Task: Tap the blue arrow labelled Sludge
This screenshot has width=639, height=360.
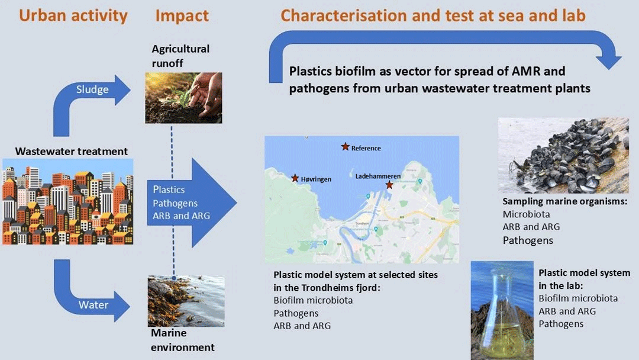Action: pos(95,91)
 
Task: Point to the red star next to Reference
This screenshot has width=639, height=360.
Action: pos(345,147)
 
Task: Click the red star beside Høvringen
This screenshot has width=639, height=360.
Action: pos(295,178)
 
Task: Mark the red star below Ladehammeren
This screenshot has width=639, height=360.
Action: pos(389,185)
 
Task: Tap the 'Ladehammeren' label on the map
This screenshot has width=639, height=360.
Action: pos(378,176)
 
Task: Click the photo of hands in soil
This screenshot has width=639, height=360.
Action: pos(183,98)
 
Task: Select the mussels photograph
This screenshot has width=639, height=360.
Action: pos(563,155)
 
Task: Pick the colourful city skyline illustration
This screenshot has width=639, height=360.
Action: pos(67,202)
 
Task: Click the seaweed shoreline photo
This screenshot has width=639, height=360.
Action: pos(186,301)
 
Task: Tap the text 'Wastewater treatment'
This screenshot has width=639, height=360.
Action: pos(71,152)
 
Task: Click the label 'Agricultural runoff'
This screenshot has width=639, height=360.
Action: pos(180,54)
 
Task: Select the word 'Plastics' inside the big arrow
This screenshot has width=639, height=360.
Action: pos(169,190)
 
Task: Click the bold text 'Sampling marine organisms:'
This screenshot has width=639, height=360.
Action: pos(564,202)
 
